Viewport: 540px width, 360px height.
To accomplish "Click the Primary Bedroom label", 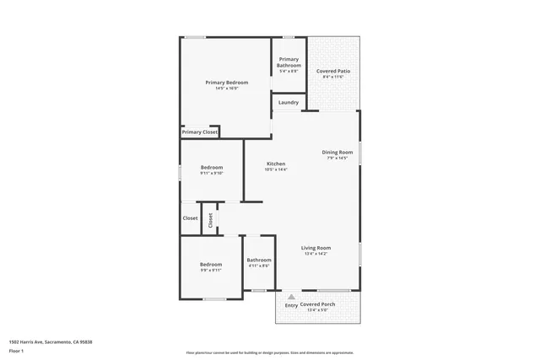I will pos(227,82).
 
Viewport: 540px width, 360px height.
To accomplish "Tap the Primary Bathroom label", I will pos(289,62).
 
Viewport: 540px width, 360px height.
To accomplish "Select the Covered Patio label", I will pos(333,72).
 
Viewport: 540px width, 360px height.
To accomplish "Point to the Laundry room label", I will pos(289,103).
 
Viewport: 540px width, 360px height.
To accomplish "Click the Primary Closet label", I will pos(200,132).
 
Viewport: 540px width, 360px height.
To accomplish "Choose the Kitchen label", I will pos(276,164).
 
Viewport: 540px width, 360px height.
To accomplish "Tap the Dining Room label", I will pos(337,153).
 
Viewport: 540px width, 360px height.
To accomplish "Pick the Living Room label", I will pos(316,248).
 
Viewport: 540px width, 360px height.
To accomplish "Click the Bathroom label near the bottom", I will pos(259,260).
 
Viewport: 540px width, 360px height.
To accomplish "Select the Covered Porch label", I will pos(318,304).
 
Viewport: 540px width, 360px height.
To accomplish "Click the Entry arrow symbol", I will pos(291,297).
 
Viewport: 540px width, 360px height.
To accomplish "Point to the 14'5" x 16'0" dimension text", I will pos(227,88).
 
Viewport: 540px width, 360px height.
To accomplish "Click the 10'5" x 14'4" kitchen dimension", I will pos(276,169).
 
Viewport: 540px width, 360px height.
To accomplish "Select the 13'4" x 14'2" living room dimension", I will pos(316,254).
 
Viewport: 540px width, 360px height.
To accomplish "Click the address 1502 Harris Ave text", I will pos(50,342).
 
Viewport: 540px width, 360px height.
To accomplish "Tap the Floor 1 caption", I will pos(17,351).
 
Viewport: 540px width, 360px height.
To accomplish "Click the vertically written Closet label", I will pos(211,219).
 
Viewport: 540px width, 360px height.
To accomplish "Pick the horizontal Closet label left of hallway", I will pos(191,218).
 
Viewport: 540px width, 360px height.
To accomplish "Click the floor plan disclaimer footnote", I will pos(269,353).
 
